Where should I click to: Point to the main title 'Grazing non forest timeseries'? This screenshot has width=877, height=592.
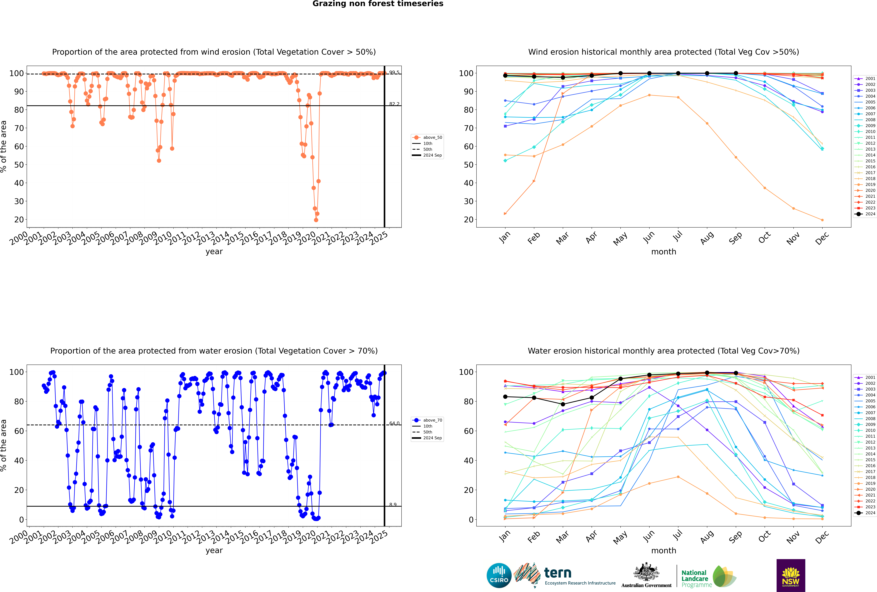coord(378,4)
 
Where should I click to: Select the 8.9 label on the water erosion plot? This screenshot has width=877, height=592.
coord(393,504)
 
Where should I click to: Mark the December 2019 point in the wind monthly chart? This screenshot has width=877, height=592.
coord(822,220)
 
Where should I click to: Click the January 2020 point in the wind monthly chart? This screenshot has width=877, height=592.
coord(505,214)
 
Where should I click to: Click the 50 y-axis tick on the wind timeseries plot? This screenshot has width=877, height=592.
coord(19,165)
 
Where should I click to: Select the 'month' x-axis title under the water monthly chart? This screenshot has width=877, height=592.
coord(664,550)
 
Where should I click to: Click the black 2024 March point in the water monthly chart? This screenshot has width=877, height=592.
coord(563,404)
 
